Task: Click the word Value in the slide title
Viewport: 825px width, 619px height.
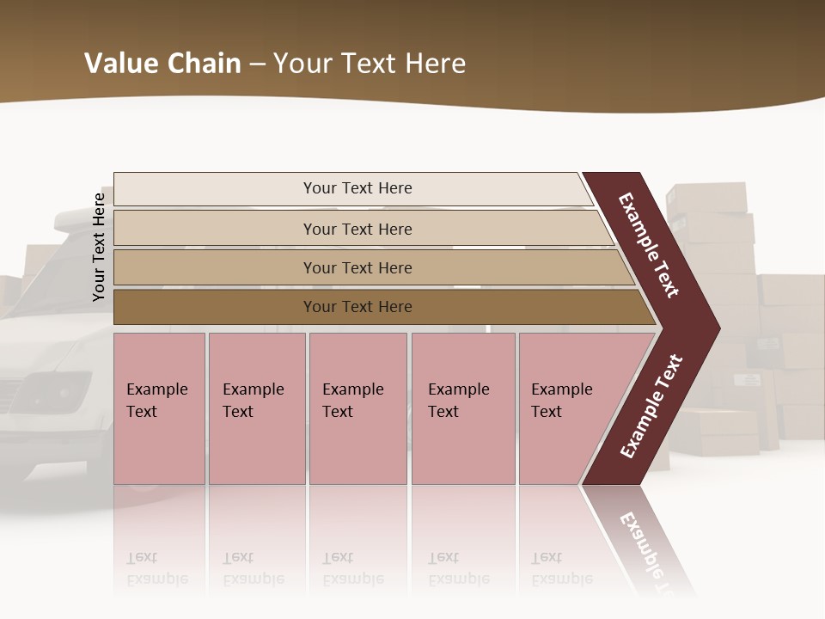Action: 115,64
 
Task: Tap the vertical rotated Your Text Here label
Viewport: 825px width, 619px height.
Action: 99,247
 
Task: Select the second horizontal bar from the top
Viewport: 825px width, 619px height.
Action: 357,229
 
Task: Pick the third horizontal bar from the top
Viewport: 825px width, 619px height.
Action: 357,267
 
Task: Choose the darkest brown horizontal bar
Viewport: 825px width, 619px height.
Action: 357,307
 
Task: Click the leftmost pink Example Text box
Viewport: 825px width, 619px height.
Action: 159,408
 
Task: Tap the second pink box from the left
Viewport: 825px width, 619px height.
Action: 256,408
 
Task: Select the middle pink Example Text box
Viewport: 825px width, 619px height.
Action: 357,408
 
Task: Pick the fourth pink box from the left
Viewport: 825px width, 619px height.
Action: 462,408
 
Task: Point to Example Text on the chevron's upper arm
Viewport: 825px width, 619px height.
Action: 649,245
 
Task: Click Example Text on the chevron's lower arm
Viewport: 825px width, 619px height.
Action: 651,406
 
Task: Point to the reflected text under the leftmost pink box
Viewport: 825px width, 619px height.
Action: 156,568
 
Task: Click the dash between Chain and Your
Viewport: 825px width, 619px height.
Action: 257,64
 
